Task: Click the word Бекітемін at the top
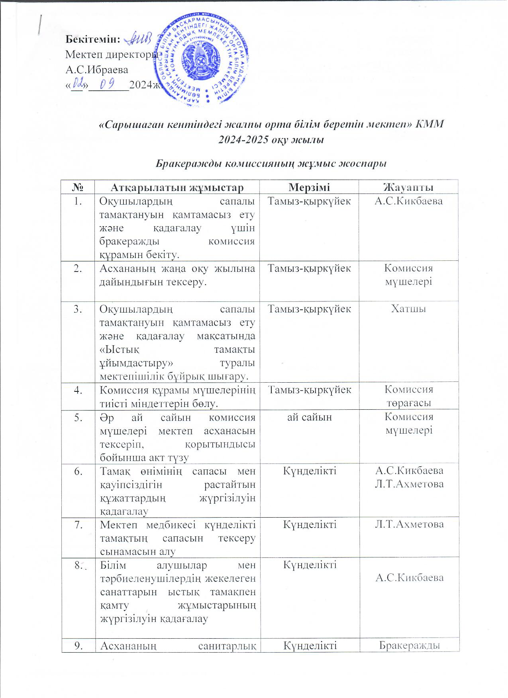point(93,39)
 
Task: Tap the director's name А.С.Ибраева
point(97,70)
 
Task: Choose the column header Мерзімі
point(309,188)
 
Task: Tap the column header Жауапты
point(408,188)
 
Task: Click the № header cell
point(78,188)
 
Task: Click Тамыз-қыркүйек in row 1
point(309,201)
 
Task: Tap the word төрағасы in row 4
point(408,403)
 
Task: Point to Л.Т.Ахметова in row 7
point(409,524)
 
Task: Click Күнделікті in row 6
point(309,471)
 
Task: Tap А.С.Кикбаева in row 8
point(409,578)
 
